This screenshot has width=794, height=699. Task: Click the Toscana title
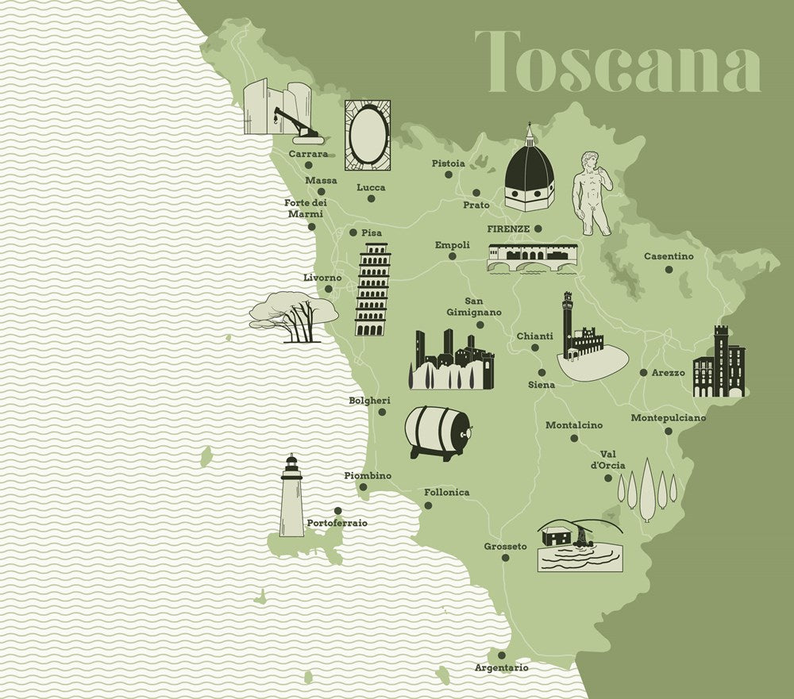coord(619,61)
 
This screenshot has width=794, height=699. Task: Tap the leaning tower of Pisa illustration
coord(372,290)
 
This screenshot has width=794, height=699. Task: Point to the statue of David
coord(591,193)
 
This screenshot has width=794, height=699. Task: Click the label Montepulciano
coord(668,418)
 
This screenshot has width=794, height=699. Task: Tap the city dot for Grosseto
coord(505,558)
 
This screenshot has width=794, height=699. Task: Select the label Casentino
coord(669,256)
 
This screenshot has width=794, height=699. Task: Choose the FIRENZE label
coord(508,229)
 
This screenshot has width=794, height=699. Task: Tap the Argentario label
coord(501,668)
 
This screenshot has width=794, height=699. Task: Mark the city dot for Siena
coord(542,372)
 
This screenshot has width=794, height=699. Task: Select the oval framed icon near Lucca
coord(367,134)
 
